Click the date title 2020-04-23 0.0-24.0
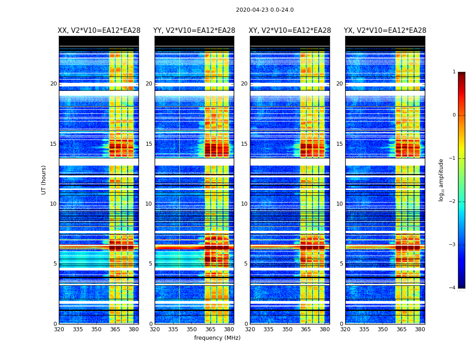tap(265, 10)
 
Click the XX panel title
tap(99, 31)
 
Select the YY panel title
tap(194, 31)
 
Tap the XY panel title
tap(290, 31)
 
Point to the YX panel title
tap(385, 31)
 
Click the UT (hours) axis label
tap(44, 180)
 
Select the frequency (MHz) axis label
tap(217, 338)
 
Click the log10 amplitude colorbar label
tap(441, 180)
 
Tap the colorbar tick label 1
tap(454, 72)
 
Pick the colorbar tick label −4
tap(453, 288)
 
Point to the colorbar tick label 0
tap(454, 115)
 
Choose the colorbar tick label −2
tap(453, 202)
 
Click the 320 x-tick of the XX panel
tap(59, 330)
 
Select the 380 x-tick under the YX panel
tap(420, 330)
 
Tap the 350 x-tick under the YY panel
tap(192, 330)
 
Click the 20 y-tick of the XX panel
tap(53, 84)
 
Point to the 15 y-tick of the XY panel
tap(244, 144)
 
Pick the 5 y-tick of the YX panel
tap(341, 264)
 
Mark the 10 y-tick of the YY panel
tap(149, 204)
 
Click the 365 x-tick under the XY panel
tap(306, 330)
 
